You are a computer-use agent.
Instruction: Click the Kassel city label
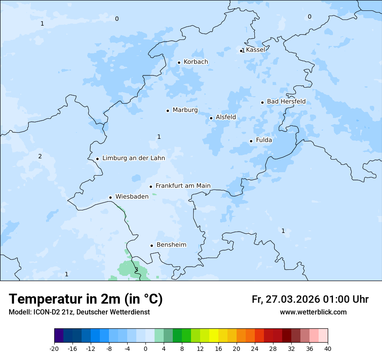click(255, 50)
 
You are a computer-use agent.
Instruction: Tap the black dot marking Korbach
click(179, 62)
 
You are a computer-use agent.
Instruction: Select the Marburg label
click(185, 110)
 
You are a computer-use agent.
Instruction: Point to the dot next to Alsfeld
click(211, 118)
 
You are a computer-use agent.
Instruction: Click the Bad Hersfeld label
click(286, 101)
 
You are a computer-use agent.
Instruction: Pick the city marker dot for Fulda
click(251, 141)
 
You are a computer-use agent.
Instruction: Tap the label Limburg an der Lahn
click(133, 158)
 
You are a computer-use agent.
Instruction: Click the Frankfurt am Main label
click(183, 186)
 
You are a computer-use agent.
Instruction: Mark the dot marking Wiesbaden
click(110, 197)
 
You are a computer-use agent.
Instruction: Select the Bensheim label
click(171, 245)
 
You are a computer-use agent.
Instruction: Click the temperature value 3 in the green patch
click(136, 269)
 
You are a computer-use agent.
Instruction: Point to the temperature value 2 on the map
click(40, 156)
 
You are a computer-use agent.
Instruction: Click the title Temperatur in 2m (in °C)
click(86, 299)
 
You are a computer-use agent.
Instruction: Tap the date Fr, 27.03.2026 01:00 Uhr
click(310, 299)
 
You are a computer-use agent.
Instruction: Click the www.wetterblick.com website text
click(313, 312)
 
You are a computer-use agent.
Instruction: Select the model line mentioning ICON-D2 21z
click(79, 312)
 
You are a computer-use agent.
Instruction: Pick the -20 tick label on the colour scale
click(54, 348)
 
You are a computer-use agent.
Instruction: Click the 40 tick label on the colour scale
click(327, 348)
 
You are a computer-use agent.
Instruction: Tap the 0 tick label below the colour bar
click(145, 348)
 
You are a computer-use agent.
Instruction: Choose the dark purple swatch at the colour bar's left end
click(59, 336)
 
